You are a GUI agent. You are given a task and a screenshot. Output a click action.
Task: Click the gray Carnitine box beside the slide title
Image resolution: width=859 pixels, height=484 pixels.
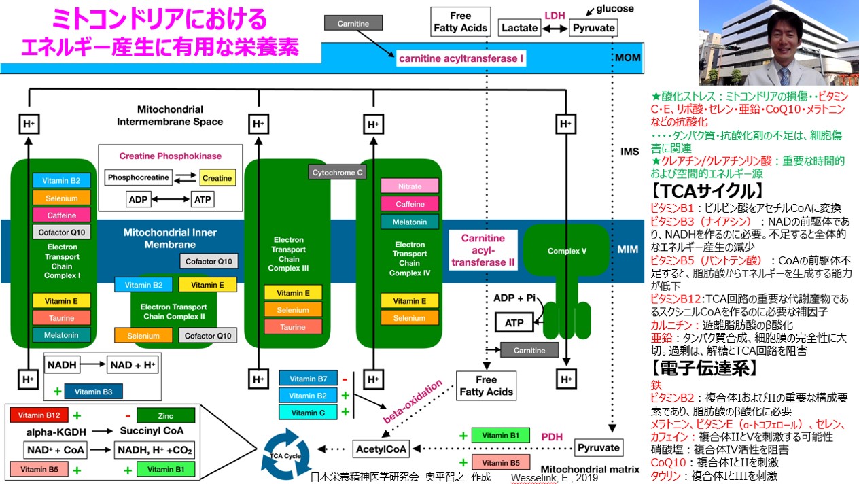[353, 23]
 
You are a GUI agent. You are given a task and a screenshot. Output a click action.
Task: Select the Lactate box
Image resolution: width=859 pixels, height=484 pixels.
[520, 28]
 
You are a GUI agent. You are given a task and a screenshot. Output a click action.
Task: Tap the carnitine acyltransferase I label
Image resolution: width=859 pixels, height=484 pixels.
[461, 59]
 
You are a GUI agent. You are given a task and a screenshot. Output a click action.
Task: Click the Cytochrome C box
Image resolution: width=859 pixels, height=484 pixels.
[338, 173]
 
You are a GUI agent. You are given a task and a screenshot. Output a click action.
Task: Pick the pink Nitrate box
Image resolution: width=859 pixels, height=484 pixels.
[410, 186]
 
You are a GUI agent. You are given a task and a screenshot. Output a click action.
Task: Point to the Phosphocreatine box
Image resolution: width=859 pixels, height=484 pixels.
[139, 178]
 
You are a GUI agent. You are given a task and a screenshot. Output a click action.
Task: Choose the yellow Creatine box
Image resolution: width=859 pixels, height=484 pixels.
[217, 178]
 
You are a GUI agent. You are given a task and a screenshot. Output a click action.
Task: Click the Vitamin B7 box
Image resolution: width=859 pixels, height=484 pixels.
[308, 379]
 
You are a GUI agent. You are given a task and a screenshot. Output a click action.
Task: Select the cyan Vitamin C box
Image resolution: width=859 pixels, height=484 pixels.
[308, 412]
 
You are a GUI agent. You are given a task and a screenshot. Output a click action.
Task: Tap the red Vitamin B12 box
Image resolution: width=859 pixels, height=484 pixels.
[39, 415]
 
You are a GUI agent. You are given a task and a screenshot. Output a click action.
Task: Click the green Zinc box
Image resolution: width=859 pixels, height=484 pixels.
[165, 415]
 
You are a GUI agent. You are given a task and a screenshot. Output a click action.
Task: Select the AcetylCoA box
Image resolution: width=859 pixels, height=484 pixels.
[381, 449]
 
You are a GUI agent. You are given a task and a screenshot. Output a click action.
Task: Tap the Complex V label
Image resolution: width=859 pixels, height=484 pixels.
[567, 251]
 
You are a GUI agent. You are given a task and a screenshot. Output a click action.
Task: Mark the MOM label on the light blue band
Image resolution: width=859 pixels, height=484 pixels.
[627, 58]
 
